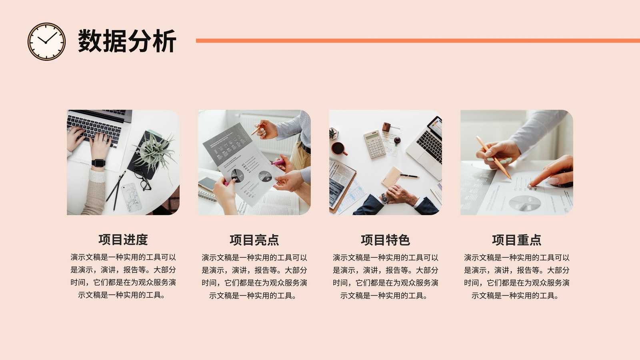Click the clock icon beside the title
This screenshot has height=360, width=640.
(x=46, y=42)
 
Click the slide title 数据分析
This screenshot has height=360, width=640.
(x=127, y=41)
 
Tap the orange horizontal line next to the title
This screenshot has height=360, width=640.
(x=418, y=40)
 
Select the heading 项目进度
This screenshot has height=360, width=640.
(x=123, y=240)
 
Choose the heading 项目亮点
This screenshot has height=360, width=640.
(x=254, y=240)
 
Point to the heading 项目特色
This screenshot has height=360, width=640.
(x=386, y=240)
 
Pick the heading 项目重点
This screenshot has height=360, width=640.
(x=516, y=240)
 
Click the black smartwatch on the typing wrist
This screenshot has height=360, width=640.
(x=98, y=163)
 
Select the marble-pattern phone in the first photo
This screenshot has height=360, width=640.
(x=132, y=197)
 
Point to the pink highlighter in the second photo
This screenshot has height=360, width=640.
(x=278, y=163)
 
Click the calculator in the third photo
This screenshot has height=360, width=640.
(x=374, y=144)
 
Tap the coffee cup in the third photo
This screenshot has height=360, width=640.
(x=339, y=148)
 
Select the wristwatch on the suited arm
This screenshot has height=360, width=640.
(x=384, y=198)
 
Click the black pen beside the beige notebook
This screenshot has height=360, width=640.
(x=410, y=176)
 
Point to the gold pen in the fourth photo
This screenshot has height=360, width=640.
(x=494, y=158)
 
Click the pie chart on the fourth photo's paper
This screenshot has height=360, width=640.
(x=525, y=203)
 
